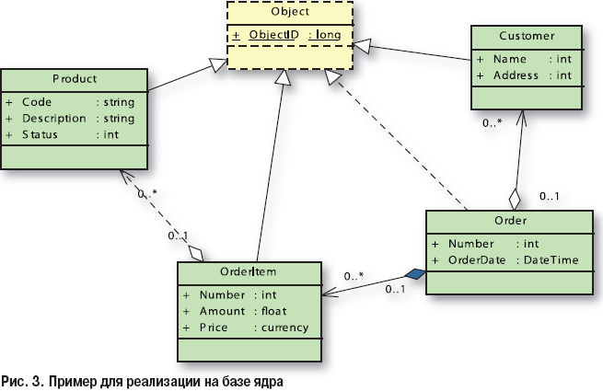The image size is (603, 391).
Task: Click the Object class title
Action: coord(290,14)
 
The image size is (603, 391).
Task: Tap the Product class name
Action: coord(75,79)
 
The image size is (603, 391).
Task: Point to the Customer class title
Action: coord(528,37)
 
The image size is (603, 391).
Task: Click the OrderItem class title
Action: coord(249,271)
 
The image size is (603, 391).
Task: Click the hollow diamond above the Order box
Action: coord(514,199)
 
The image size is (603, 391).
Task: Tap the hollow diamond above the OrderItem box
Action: coord(194,250)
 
